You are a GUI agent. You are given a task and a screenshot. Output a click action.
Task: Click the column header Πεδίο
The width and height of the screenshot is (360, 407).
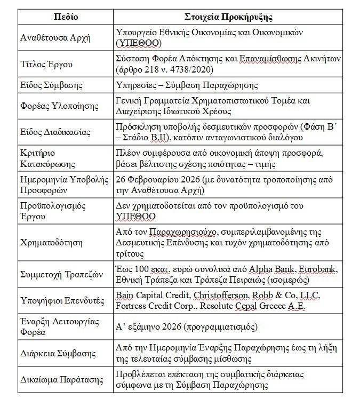pos(66,17)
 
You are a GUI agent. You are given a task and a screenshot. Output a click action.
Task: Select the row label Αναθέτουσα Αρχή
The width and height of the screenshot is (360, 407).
pos(56,37)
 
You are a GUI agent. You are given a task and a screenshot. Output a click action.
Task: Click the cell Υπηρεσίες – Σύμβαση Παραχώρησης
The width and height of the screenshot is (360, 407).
pos(188,85)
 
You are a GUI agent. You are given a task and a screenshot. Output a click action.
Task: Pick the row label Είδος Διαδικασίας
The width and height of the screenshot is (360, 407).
pos(55,132)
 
